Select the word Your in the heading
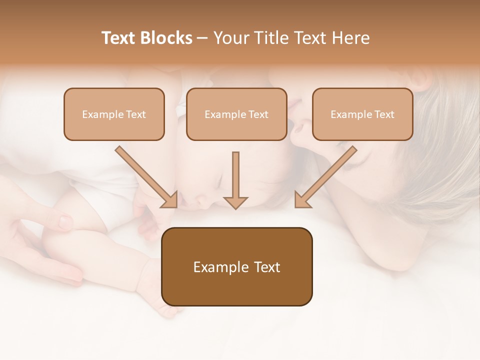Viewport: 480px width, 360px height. point(230,38)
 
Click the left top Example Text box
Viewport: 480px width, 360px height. point(114,114)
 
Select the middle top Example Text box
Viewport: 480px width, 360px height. point(236,114)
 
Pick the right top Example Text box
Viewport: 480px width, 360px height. point(362,114)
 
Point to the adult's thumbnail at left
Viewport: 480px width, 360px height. point(65,220)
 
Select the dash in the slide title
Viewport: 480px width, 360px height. point(202,38)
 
